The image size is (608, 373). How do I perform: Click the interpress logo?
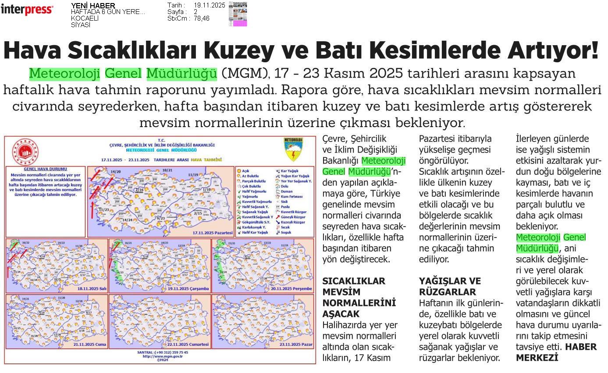(x=27, y=10)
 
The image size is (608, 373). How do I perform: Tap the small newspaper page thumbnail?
(x=238, y=14)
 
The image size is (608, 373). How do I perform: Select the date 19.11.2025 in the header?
(x=209, y=5)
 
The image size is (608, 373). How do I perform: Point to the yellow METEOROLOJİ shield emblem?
(x=293, y=149)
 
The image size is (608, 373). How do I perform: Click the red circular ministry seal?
(x=25, y=152)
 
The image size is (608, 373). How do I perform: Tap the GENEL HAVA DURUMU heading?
(x=46, y=169)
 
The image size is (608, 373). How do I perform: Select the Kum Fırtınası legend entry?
(x=292, y=196)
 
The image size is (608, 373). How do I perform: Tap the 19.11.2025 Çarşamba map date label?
(x=188, y=288)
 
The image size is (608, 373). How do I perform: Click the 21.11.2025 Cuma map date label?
(x=90, y=345)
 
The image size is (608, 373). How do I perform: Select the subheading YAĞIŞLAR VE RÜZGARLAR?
(x=450, y=287)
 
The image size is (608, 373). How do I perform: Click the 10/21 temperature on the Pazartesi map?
(x=167, y=170)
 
